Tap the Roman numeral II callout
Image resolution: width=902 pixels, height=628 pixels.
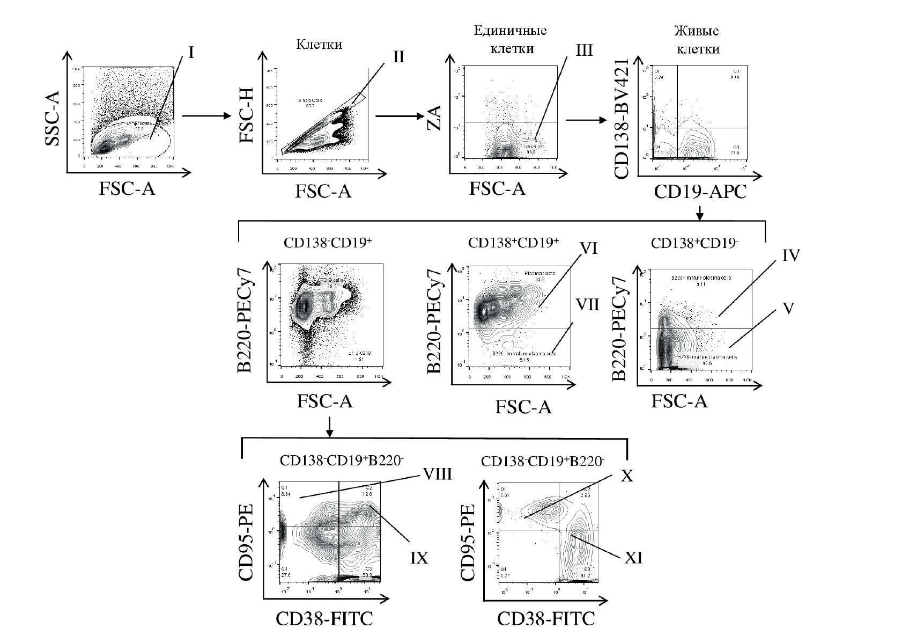click(x=398, y=57)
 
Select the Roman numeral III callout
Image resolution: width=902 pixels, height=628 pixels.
click(x=583, y=50)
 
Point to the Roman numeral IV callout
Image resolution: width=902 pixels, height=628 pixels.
click(x=792, y=255)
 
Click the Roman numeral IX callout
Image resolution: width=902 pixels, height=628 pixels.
click(x=419, y=558)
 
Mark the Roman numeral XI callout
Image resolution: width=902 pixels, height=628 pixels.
click(x=633, y=559)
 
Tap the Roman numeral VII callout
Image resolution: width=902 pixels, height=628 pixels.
click(x=587, y=305)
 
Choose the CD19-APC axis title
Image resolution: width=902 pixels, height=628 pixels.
click(x=700, y=192)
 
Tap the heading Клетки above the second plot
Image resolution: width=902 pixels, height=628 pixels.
click(x=319, y=45)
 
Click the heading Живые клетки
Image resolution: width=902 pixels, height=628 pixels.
click(x=697, y=40)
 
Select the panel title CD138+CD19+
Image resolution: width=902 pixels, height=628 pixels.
click(x=513, y=243)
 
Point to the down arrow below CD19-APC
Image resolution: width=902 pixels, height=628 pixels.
click(x=699, y=213)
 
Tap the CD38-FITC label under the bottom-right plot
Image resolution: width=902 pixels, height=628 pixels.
click(x=545, y=618)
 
